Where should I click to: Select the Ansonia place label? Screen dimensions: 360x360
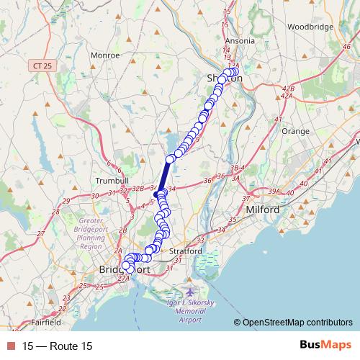point(240,41)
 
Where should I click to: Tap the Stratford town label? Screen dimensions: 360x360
point(186,251)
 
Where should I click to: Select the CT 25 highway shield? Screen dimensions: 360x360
point(42,66)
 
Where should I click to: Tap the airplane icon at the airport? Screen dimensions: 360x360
point(189,294)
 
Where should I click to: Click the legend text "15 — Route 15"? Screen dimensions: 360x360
point(58,346)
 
